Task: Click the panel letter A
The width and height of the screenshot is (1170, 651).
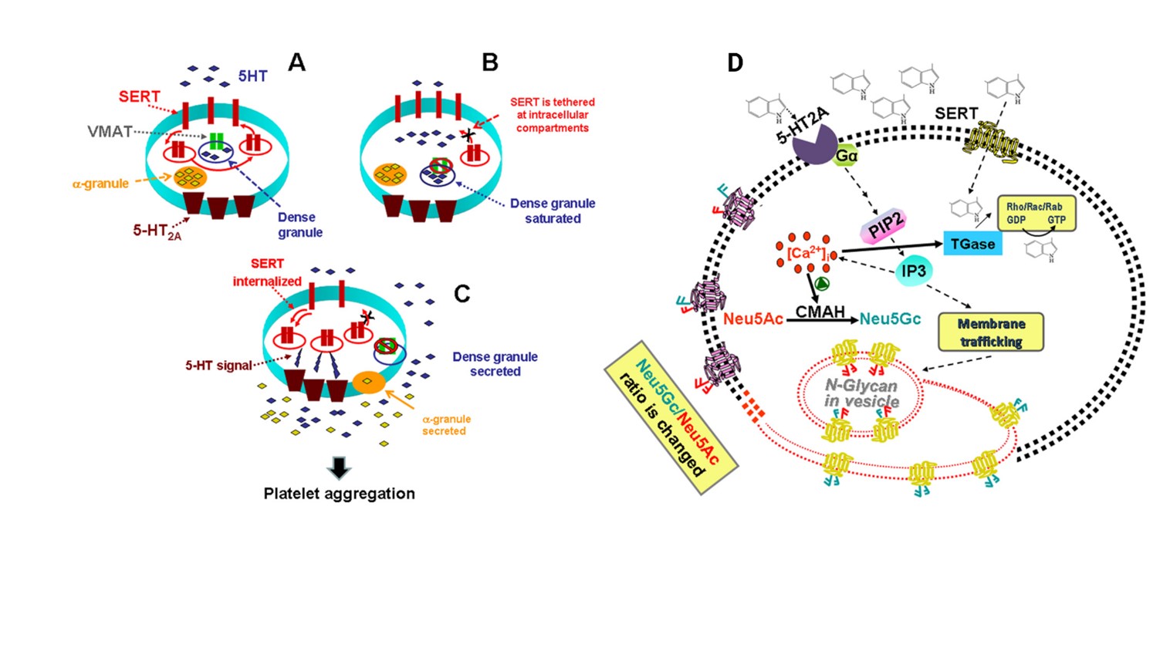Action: (x=296, y=62)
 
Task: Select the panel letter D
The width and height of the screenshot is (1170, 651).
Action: (x=735, y=63)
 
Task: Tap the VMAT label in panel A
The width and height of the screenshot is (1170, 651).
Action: (x=110, y=132)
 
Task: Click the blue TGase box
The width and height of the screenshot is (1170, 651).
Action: (x=972, y=244)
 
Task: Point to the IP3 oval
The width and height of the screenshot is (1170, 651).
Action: (x=914, y=271)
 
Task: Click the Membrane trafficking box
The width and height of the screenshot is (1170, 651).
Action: (x=991, y=332)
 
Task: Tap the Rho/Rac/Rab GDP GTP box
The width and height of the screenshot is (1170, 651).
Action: (x=1036, y=214)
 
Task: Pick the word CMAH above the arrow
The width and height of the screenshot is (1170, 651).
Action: (x=820, y=311)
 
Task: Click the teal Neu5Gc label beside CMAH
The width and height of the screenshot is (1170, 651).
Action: (x=890, y=319)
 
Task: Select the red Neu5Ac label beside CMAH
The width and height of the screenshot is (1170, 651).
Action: (x=753, y=319)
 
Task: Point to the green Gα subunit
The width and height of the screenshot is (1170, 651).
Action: (x=847, y=156)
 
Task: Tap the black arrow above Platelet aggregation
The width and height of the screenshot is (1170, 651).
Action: (x=339, y=467)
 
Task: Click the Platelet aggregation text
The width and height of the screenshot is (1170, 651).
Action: (x=339, y=494)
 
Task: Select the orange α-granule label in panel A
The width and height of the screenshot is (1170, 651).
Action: (x=100, y=184)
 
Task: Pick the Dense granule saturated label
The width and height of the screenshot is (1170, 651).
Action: (x=553, y=211)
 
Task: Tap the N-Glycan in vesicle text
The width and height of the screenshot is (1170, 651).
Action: (x=861, y=393)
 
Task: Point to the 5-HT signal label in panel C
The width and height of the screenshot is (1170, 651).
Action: (x=218, y=366)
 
